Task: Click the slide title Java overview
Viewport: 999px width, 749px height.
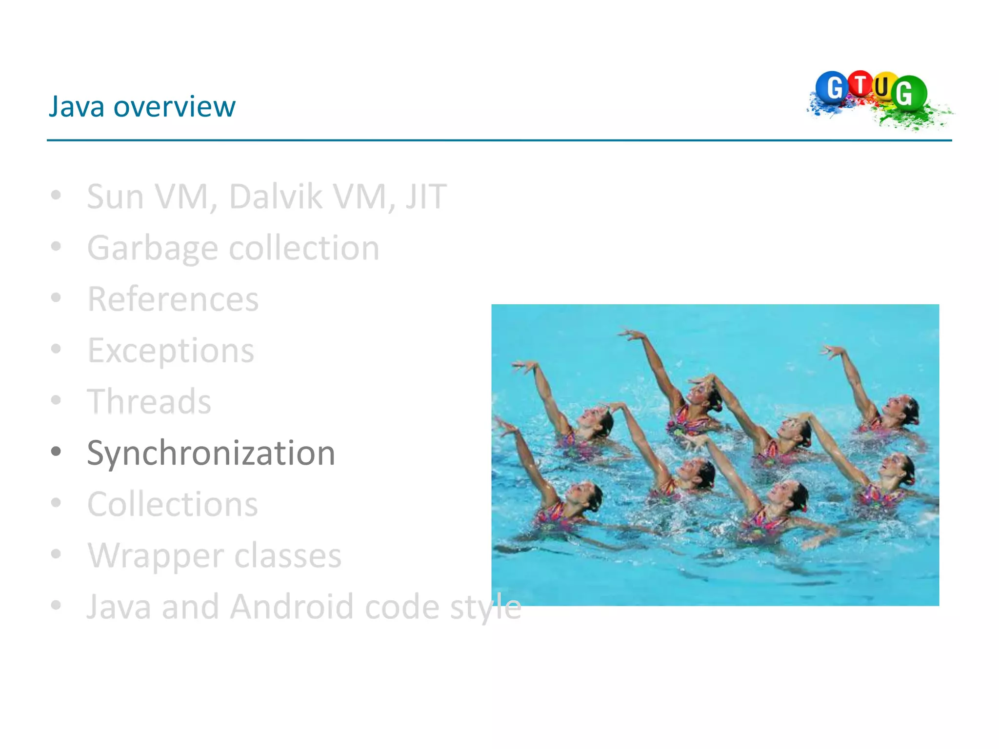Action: point(142,106)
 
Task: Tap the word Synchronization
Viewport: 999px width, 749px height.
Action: point(211,453)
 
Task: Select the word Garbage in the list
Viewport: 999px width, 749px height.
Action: point(152,248)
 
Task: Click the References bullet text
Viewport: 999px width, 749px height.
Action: point(173,299)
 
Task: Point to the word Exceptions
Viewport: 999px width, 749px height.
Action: point(171,350)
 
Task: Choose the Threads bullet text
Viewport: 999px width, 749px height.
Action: point(149,402)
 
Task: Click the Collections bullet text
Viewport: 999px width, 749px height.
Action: point(173,504)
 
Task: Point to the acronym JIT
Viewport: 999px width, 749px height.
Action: point(425,197)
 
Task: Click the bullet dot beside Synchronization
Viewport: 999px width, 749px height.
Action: point(56,452)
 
